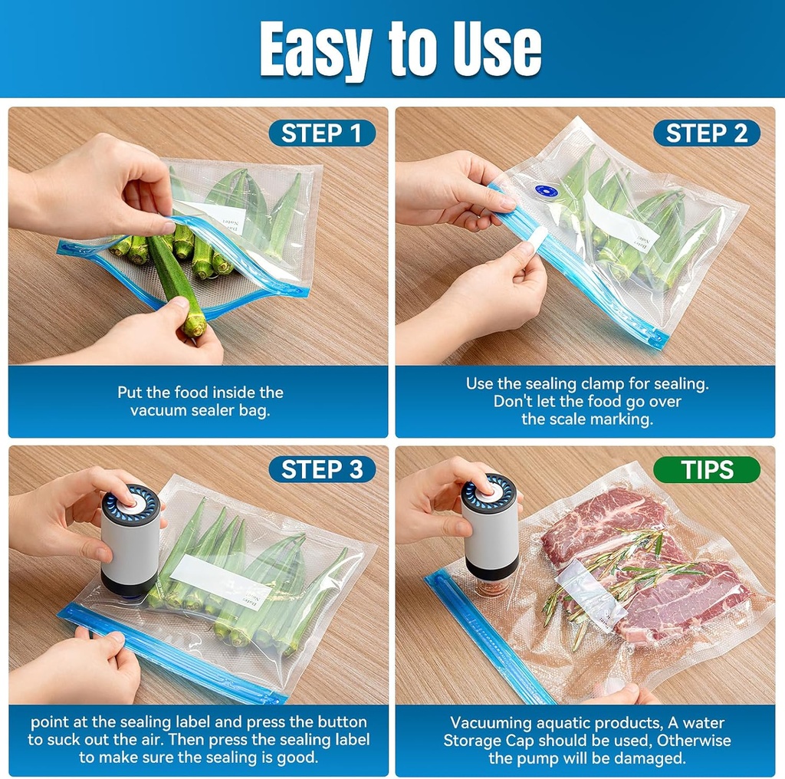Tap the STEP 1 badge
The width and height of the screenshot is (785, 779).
322,133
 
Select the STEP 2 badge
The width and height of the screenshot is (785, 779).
706,133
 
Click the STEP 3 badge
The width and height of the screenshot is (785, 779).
322,469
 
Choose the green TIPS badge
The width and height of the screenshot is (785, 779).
706,469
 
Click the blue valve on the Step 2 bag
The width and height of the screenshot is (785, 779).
545,191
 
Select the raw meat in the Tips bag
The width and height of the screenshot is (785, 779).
598,521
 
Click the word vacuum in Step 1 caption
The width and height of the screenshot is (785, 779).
157,409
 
